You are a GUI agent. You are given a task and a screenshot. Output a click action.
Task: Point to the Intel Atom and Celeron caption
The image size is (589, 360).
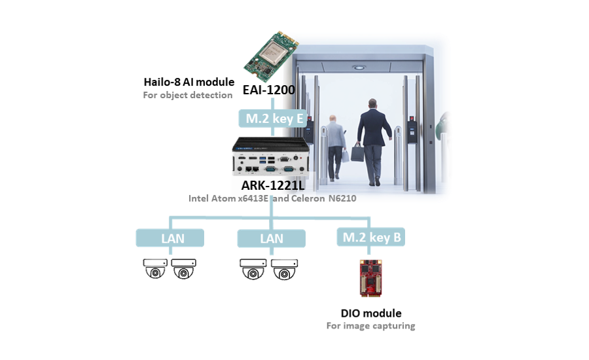click(x=272, y=198)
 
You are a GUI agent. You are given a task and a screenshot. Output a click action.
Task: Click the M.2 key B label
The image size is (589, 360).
click(x=372, y=237)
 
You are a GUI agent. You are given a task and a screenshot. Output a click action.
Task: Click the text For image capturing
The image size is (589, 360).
click(x=371, y=325)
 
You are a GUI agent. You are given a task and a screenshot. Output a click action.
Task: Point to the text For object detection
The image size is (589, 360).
click(x=188, y=96)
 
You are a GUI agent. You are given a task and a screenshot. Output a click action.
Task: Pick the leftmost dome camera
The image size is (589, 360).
click(x=156, y=269)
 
